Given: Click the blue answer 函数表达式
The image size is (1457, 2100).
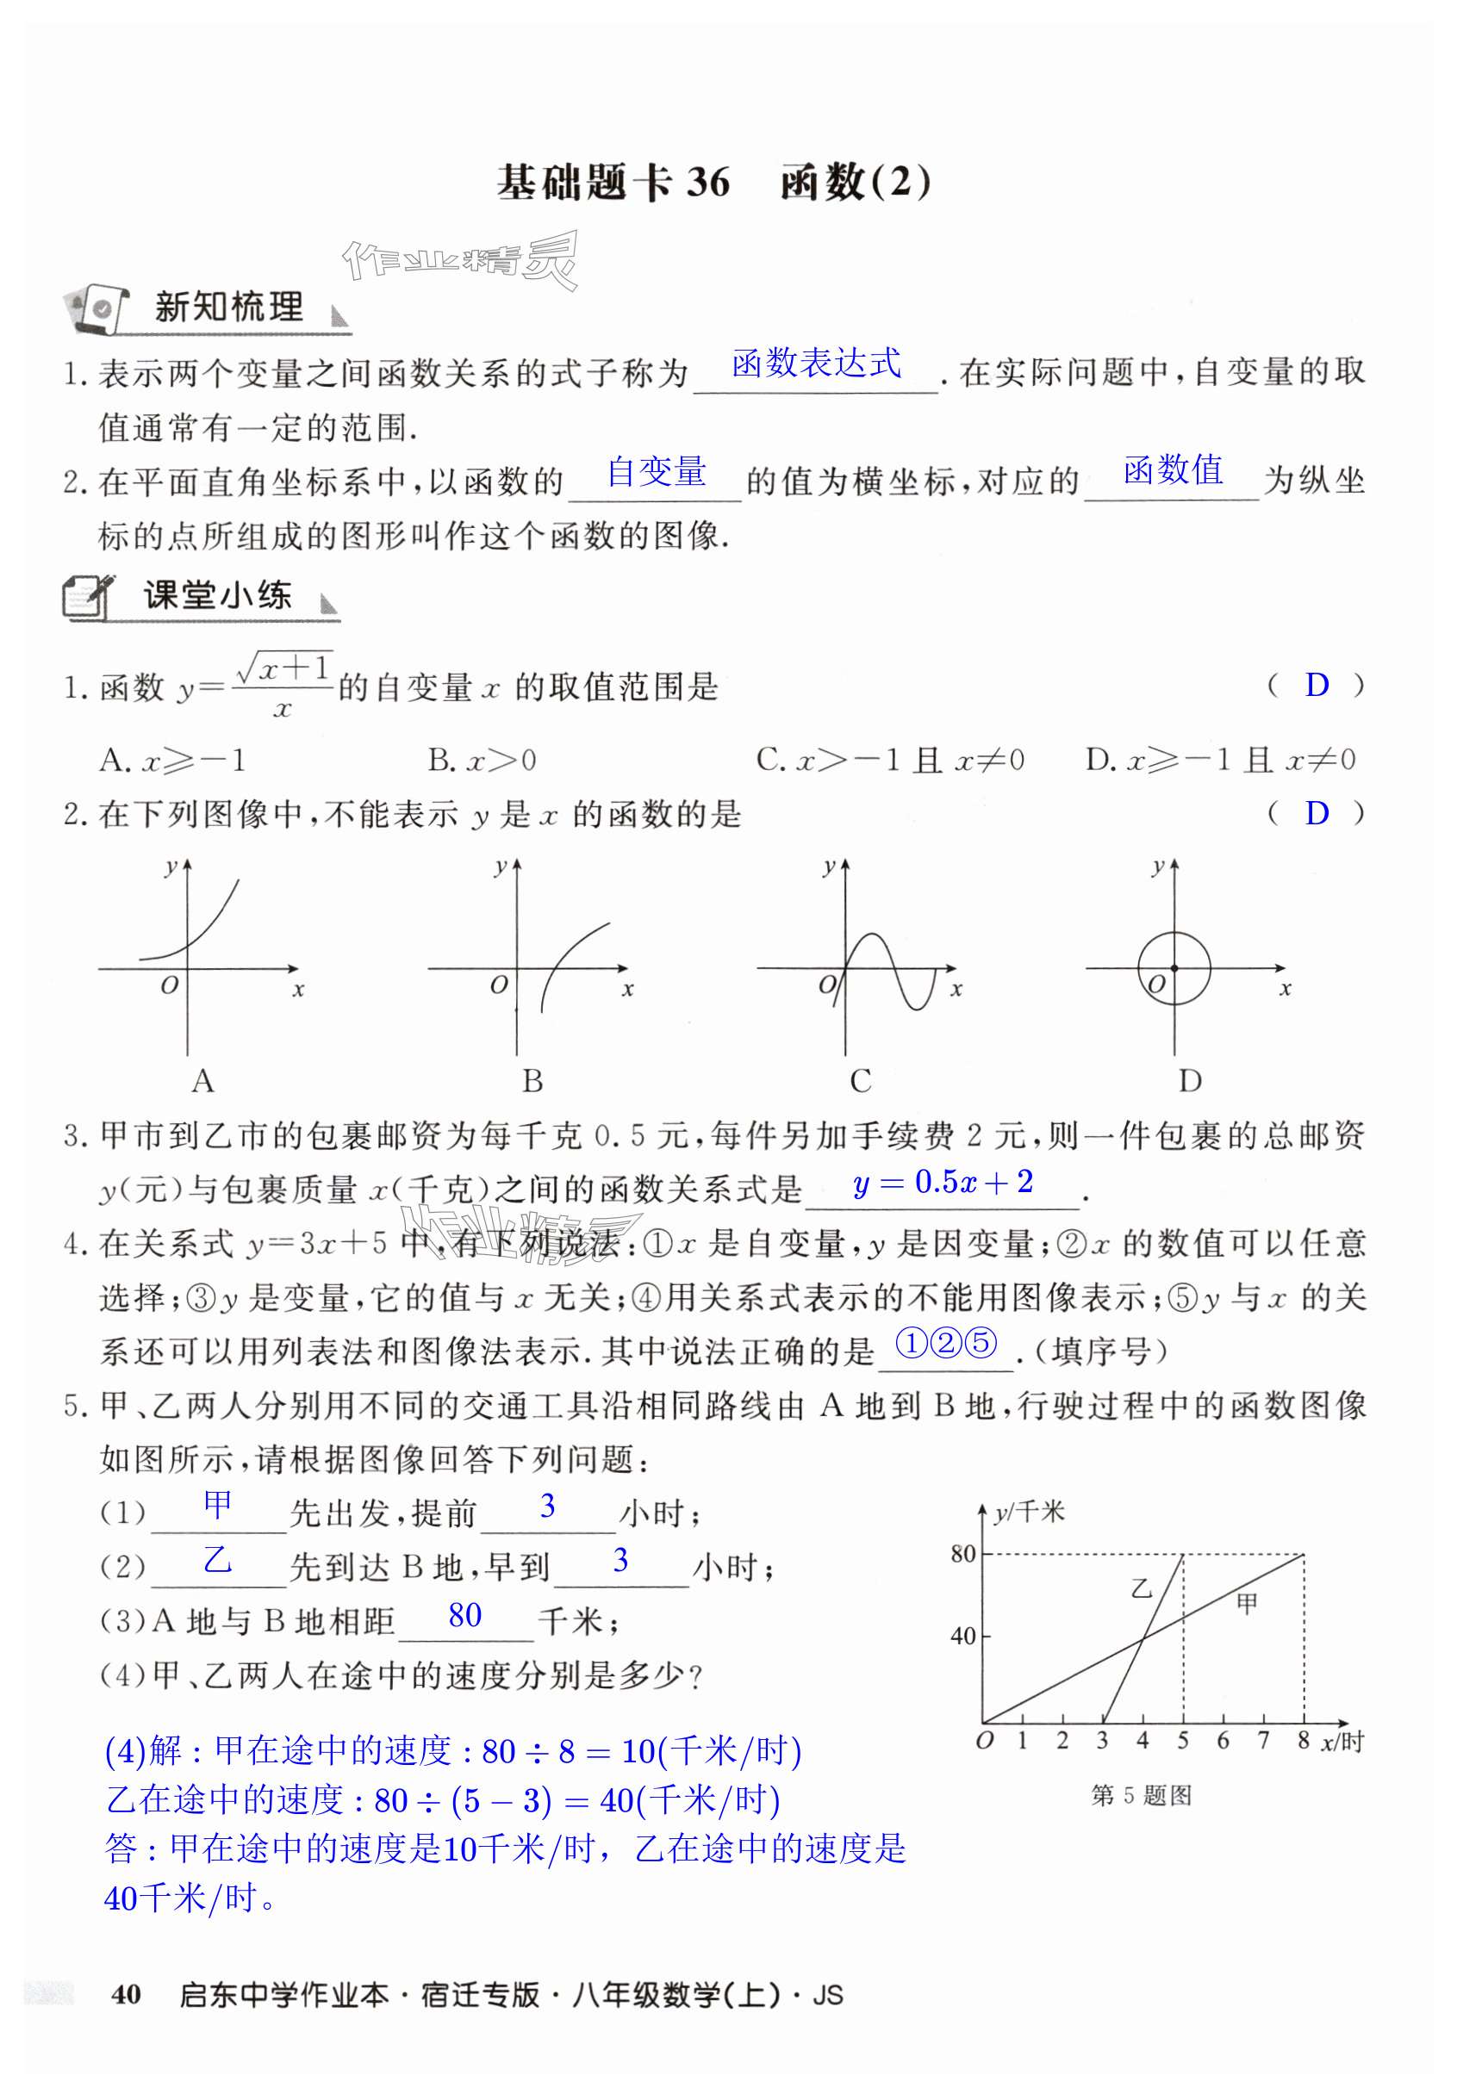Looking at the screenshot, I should pos(816,363).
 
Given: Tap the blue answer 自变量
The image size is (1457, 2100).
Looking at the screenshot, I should pos(656,472).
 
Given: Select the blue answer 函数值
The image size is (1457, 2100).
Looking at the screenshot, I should pos(1172,470).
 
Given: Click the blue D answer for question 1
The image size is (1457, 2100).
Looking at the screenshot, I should pos(1317,685).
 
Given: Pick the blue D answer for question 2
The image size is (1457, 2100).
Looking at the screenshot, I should pos(1317,812).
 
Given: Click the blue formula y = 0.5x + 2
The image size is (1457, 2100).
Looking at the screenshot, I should pos(943,1183).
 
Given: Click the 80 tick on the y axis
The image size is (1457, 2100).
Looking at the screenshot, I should pos(963,1553).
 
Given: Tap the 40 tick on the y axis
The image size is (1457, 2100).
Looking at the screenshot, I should pos(963,1636).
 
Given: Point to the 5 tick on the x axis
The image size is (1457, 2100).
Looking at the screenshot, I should pos(1182,1742).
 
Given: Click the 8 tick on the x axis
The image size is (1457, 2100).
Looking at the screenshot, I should pos(1303,1741).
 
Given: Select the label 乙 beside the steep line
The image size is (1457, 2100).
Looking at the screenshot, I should pos(1141,1589).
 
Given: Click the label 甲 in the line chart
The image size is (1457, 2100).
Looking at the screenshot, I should pos(1246,1604).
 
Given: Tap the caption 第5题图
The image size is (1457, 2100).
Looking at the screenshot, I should pos(1141,1796).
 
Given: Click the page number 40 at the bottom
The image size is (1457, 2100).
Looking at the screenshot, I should pos(126,1994).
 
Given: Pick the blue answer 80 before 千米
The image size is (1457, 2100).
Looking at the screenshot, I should pos(464,1616).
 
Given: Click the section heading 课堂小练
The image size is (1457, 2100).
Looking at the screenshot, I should pos(217,596).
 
